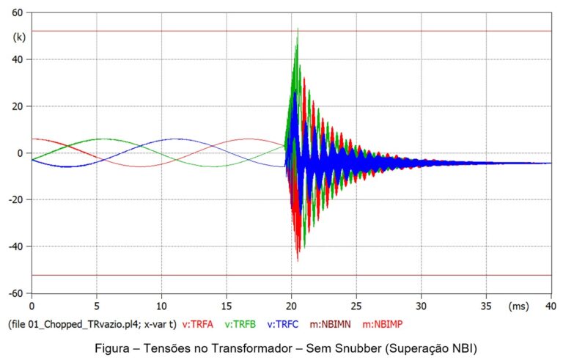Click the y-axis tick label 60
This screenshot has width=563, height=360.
pyautogui.click(x=17, y=12)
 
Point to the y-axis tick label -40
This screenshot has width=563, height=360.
pyautogui.click(x=15, y=246)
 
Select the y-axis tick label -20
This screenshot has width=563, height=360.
pyautogui.click(x=15, y=199)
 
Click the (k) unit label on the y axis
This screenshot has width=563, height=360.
pyautogui.click(x=18, y=36)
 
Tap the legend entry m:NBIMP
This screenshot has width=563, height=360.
pyautogui.click(x=386, y=323)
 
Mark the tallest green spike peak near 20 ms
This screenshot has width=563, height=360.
pyautogui.click(x=297, y=29)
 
